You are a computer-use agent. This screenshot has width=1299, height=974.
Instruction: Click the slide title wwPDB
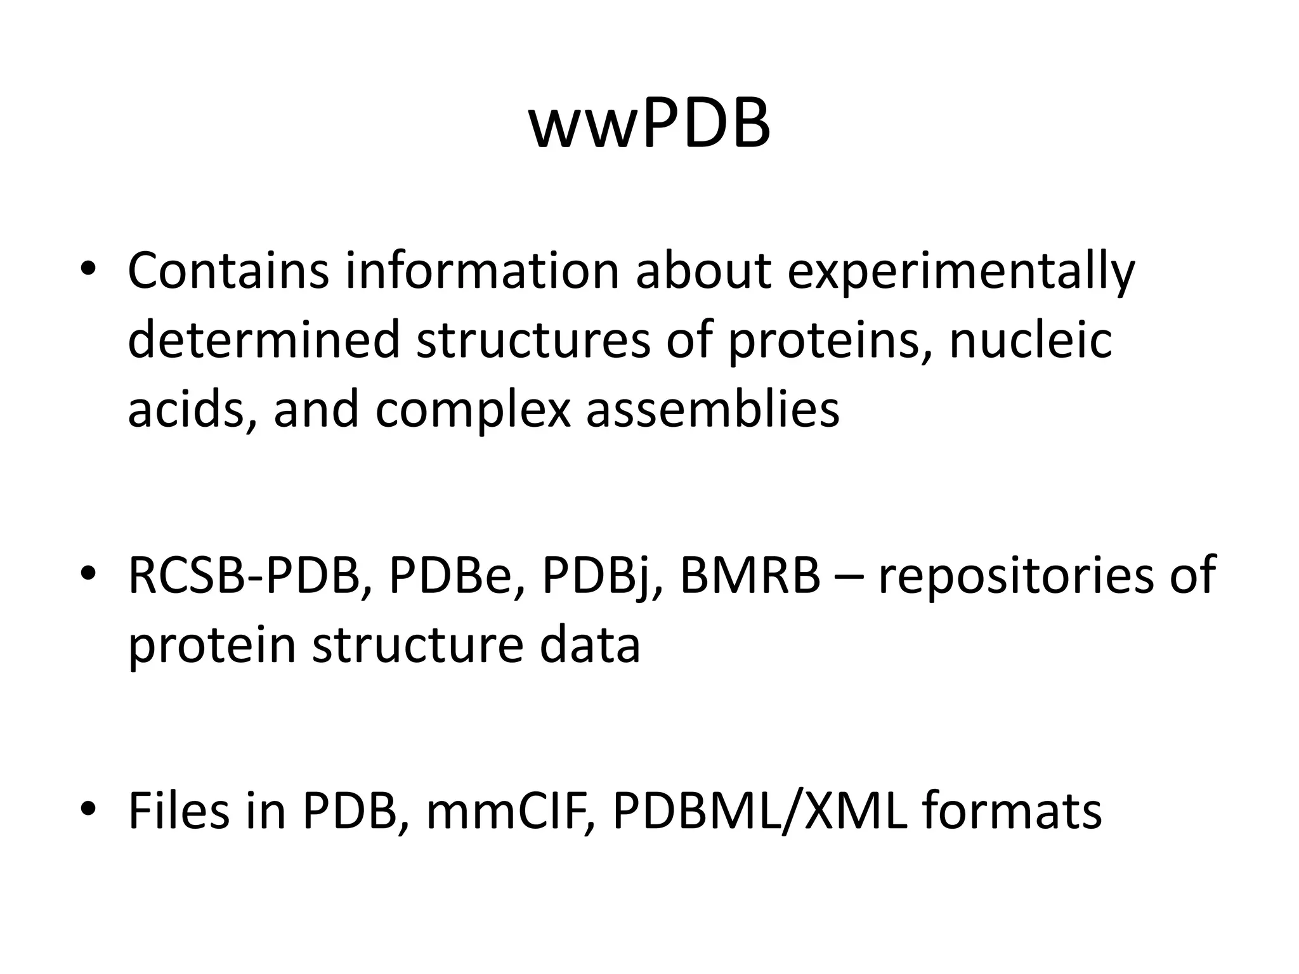pos(649,124)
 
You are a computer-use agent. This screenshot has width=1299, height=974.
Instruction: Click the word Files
pos(179,812)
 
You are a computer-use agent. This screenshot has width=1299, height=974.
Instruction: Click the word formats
pos(1011,812)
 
